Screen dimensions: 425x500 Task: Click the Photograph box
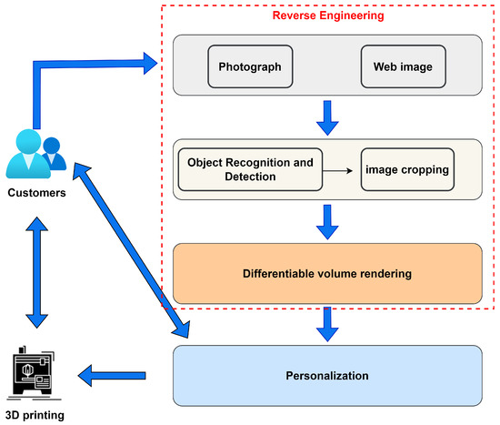click(249, 67)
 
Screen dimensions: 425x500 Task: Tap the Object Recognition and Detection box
click(250, 170)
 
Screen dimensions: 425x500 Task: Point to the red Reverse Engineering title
click(326, 15)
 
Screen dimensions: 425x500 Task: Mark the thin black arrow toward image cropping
click(342, 170)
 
